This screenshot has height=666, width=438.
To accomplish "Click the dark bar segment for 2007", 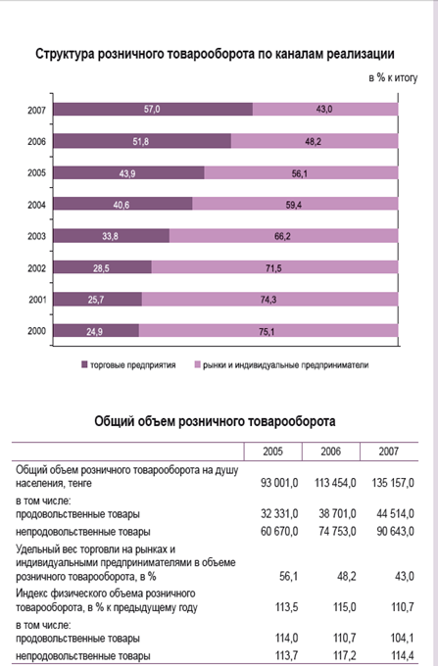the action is [x=153, y=109].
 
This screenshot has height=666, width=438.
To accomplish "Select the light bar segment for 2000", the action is [x=268, y=331].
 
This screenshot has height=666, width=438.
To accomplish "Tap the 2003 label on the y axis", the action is [x=36, y=236].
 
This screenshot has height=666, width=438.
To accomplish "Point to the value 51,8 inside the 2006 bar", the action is [x=141, y=141].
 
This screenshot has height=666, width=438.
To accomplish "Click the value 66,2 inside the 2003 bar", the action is [x=282, y=236].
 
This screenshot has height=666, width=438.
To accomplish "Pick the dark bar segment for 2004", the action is [x=122, y=204].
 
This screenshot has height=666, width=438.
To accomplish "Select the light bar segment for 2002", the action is [x=275, y=267].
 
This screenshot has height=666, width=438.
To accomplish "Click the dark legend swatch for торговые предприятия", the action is [x=84, y=364].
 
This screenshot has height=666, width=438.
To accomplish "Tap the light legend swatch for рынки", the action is [x=197, y=364].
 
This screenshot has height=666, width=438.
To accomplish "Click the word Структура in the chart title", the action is [x=65, y=54].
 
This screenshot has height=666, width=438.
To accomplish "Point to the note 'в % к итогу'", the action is [x=393, y=77].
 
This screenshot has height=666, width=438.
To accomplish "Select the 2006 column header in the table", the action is [x=330, y=452].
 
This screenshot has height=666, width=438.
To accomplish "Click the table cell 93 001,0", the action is [x=279, y=483].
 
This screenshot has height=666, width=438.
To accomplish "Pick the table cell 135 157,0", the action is [x=393, y=483].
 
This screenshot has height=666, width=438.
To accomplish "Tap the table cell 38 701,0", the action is [x=338, y=514].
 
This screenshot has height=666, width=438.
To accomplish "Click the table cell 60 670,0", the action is [x=279, y=532].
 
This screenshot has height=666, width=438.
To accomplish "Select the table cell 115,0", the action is [x=345, y=607].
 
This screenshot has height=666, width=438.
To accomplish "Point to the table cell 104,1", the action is [x=403, y=638].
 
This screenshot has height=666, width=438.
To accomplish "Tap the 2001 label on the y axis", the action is [x=37, y=300].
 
